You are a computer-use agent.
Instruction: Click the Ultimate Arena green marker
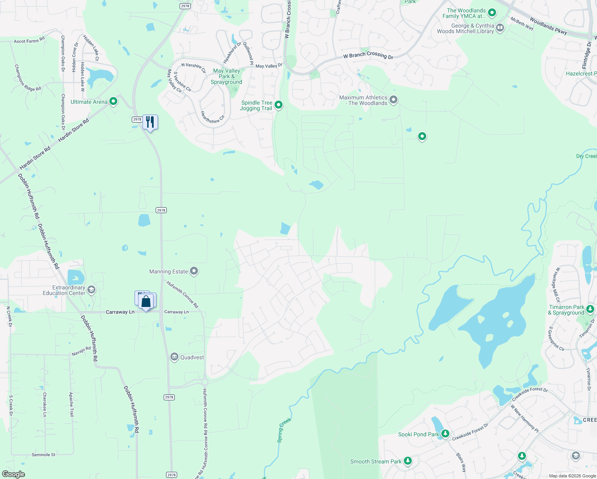click(113, 101)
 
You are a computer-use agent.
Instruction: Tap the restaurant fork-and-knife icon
click(150, 122)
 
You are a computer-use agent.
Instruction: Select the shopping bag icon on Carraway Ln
click(146, 301)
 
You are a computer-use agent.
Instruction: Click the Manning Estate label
click(168, 271)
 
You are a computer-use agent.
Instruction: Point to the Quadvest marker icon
click(174, 357)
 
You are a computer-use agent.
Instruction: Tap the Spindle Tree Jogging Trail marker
click(279, 105)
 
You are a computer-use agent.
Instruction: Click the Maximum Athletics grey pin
click(393, 100)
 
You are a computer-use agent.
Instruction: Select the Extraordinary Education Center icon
click(91, 290)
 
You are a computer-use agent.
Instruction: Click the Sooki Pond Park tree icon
click(445, 433)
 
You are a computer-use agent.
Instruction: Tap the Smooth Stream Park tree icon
click(407, 461)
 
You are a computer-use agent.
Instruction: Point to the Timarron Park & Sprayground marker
click(590, 309)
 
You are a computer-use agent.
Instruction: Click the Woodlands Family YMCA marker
click(492, 13)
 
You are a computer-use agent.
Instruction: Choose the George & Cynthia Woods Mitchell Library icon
click(500, 28)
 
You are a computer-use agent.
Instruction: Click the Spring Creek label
click(284, 430)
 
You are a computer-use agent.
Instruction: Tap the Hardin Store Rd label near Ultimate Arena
click(73, 131)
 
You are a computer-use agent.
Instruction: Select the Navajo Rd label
click(81, 351)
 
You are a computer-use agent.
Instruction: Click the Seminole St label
click(43, 455)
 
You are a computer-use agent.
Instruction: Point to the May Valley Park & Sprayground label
click(226, 76)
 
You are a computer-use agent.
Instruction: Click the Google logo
click(14, 474)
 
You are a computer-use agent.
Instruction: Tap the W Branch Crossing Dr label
click(368, 55)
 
